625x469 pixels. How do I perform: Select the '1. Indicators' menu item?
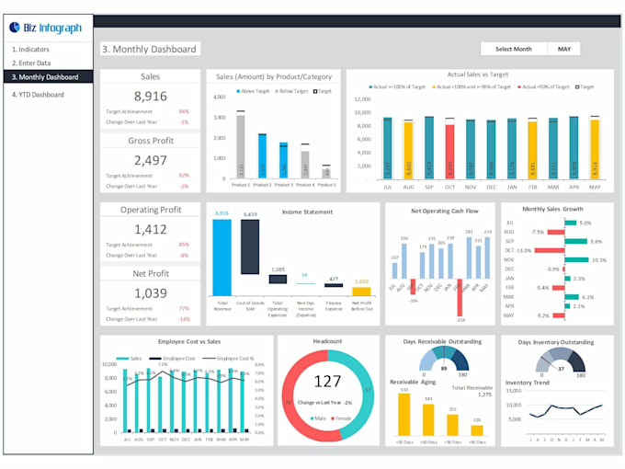31,49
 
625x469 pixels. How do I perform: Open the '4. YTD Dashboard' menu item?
38,95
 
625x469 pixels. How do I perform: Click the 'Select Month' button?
513,49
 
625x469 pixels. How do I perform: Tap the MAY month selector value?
564,49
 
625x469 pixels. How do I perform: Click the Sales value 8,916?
150,97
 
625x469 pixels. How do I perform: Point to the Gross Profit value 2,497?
150,160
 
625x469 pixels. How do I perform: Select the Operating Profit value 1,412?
150,230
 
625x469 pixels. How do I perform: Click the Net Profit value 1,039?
150,292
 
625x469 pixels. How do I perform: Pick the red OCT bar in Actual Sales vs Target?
449,151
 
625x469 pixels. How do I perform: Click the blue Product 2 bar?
262,156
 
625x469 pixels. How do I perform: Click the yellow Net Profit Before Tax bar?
361,291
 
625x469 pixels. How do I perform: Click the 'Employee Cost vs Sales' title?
184,341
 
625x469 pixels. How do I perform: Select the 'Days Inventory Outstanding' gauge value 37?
561,369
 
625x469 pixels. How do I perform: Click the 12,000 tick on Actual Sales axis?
361,99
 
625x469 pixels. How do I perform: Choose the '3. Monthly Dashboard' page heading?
150,50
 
